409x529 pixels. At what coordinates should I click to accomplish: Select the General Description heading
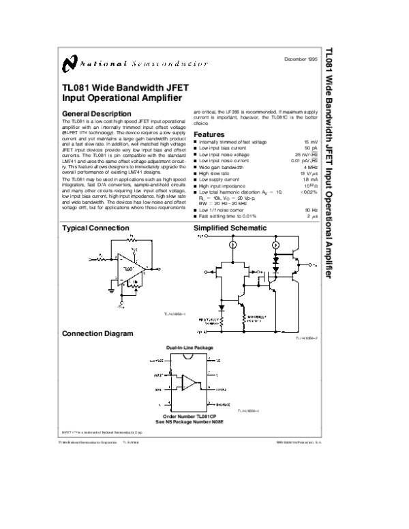pyautogui.click(x=96, y=113)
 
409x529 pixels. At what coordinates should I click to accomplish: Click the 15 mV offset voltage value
pyautogui.click(x=311, y=140)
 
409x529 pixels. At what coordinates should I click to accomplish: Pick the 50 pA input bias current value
pyautogui.click(x=311, y=147)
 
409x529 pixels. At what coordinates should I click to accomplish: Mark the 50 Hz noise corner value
pyautogui.click(x=311, y=209)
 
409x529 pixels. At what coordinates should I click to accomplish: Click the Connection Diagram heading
pyautogui.click(x=97, y=334)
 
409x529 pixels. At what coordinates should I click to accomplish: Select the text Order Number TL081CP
pyautogui.click(x=190, y=415)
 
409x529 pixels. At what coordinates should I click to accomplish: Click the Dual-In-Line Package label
pyautogui.click(x=190, y=348)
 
